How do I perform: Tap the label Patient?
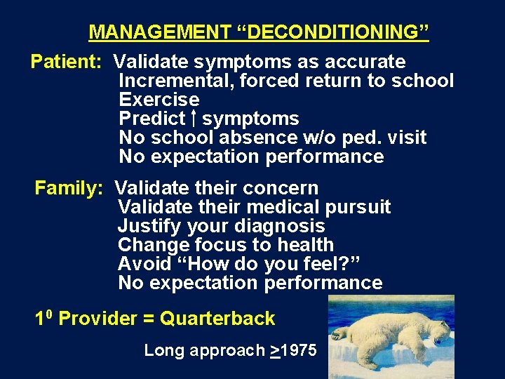pos(67,62)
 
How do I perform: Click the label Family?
pos(69,188)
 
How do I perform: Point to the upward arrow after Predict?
pos(194,118)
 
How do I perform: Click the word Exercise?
pos(159,100)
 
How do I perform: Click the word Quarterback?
pos(217,319)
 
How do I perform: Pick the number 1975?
pos(299,350)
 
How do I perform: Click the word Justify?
pos(150,226)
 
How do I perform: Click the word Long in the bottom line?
pos(160,350)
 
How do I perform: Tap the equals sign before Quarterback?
pos(149,319)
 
